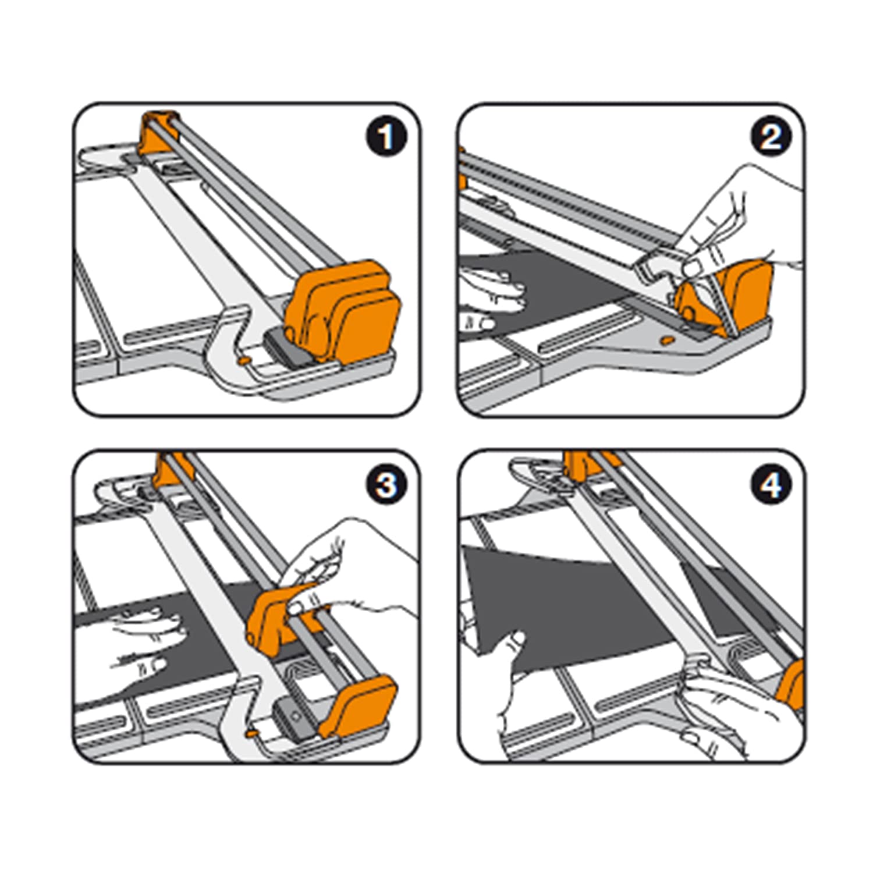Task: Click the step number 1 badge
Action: click(385, 137)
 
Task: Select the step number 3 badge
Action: click(386, 484)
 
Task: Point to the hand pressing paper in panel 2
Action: click(492, 294)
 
